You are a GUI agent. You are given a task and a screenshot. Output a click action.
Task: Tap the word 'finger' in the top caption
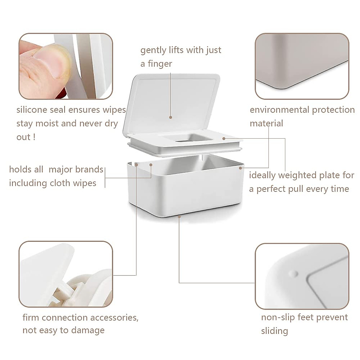point(160,64)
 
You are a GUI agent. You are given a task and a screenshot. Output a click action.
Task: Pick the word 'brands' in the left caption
point(88,169)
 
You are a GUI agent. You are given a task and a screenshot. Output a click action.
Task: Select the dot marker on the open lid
point(170,117)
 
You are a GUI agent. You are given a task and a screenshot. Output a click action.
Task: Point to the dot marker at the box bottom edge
point(179,216)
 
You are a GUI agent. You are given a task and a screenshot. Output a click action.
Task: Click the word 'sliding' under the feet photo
point(274,331)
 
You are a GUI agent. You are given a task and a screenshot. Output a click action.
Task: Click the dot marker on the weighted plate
point(224,138)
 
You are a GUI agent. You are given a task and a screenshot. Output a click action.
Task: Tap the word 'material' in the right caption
point(266,124)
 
